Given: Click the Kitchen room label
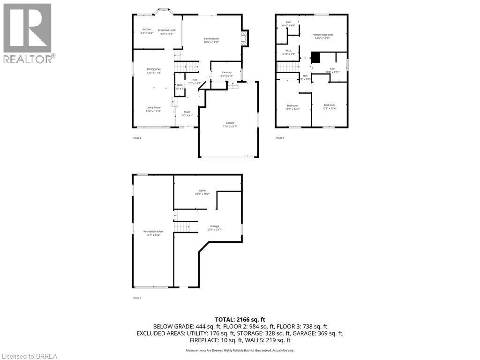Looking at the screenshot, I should [x=147, y=29].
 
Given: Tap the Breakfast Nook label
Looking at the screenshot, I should [x=166, y=29].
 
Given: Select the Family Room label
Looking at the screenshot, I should [x=211, y=38].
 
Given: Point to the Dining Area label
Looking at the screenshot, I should [x=154, y=69].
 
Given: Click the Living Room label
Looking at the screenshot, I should [x=154, y=107].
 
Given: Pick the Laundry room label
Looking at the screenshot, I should [x=227, y=72].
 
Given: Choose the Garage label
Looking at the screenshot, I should [x=229, y=123].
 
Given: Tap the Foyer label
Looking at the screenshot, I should [x=187, y=112].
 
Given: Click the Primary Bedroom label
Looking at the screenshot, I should [x=323, y=35].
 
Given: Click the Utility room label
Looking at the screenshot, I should [x=202, y=190].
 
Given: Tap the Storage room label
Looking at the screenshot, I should [x=214, y=226].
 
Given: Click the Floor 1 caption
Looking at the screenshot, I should [x=137, y=298].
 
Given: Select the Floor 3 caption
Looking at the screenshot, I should [x=280, y=138].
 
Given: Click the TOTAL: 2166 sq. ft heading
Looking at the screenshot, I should [x=240, y=318].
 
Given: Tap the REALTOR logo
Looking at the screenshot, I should [x=28, y=33].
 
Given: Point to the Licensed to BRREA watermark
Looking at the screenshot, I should [x=29, y=356].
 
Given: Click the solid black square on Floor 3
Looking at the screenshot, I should [x=315, y=57].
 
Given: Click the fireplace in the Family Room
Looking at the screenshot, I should [x=244, y=38].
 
